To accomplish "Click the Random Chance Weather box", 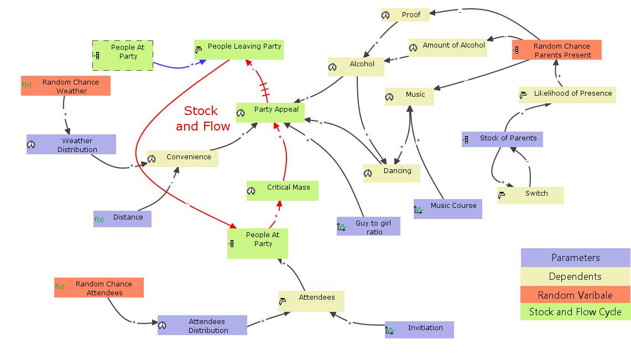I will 66,86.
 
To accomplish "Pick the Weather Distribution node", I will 71,144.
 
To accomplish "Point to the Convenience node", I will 182,158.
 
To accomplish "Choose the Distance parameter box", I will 122,218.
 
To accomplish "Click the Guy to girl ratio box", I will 368,226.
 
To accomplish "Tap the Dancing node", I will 391,173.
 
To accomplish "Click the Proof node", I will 405,15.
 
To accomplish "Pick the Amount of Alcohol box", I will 447,47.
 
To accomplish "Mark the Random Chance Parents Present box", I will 556,50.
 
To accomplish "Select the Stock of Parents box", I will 502,139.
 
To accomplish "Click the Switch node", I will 530,195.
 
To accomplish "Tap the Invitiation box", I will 419,330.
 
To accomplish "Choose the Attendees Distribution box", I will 202,325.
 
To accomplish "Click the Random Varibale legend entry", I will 575,295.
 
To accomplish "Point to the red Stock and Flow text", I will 202,118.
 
